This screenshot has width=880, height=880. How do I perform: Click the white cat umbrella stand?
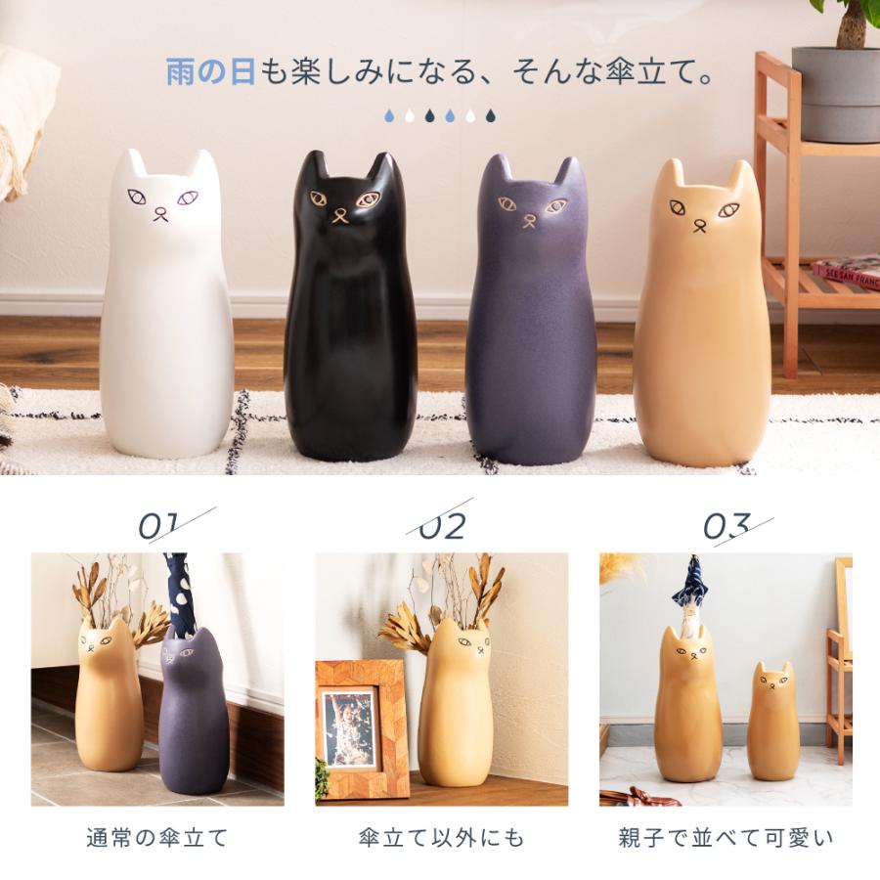[166, 313]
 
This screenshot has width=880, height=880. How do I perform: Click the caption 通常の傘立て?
[157, 838]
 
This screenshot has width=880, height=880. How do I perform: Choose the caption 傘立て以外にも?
[441, 838]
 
